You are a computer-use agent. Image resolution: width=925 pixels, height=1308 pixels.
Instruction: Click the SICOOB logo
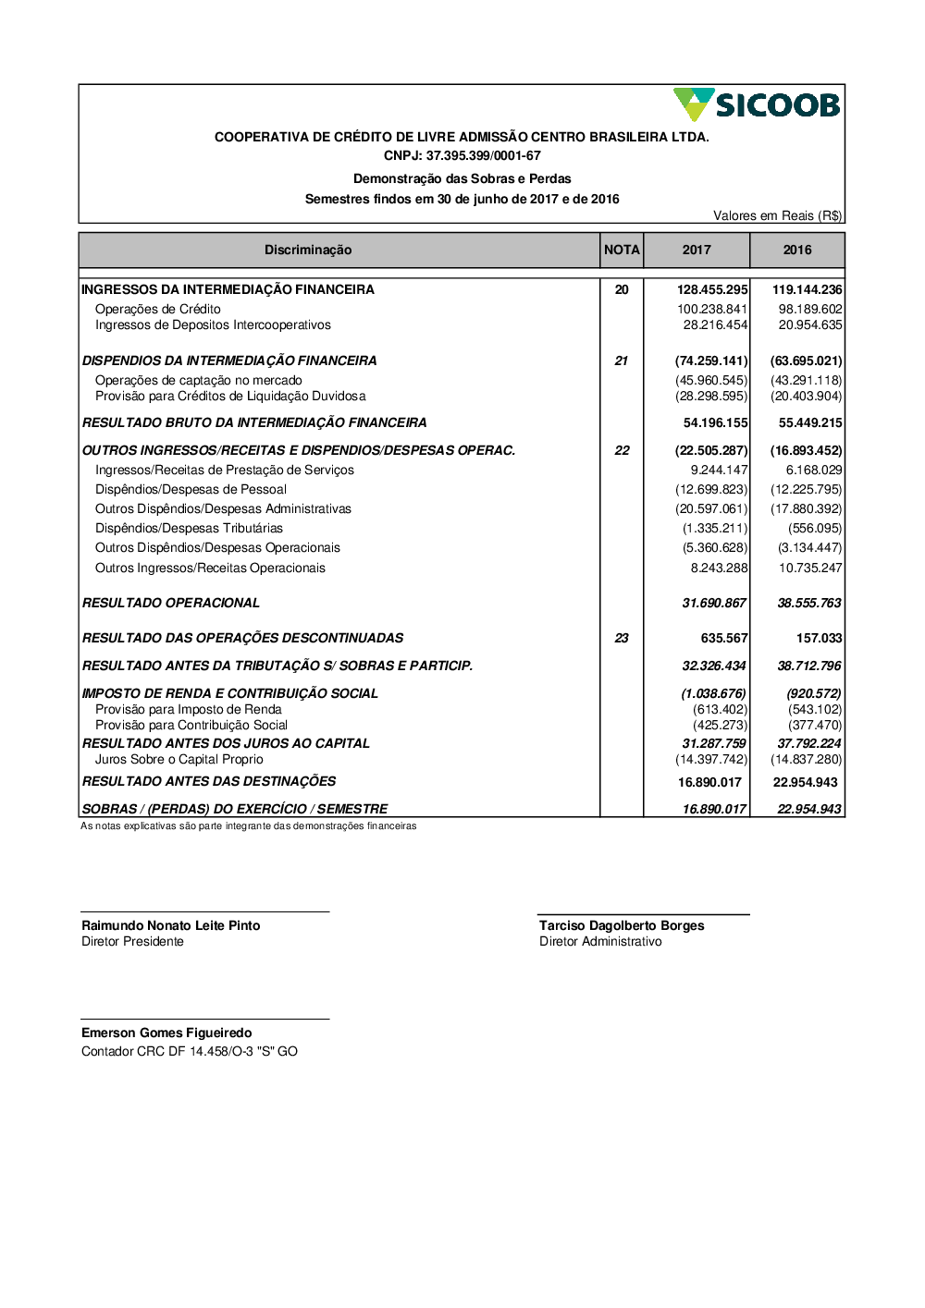click(757, 104)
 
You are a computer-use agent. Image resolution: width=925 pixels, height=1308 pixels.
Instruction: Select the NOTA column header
click(622, 250)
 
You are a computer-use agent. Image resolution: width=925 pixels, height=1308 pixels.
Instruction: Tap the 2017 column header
click(697, 250)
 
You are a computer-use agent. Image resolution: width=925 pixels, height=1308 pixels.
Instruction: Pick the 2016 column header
click(797, 250)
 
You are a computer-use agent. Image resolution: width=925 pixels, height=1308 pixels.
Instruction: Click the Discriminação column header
click(308, 250)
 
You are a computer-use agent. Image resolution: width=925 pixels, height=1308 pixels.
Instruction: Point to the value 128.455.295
click(712, 289)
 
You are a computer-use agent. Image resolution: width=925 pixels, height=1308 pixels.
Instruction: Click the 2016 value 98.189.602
click(810, 309)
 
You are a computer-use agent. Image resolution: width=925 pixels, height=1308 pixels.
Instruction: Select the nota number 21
click(622, 361)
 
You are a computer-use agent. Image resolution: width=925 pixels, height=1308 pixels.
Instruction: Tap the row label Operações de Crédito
click(158, 309)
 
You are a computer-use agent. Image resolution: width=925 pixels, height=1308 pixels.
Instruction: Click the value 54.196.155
click(715, 422)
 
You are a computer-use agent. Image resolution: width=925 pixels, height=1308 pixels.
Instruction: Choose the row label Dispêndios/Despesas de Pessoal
click(191, 489)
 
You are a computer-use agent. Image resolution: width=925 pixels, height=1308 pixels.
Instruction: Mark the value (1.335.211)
click(715, 528)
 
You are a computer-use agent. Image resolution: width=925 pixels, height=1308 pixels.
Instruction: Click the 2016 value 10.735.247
click(810, 568)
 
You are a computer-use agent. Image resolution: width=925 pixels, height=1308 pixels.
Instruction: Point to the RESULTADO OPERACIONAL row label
click(171, 603)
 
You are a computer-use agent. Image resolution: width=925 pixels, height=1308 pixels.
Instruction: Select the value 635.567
click(724, 638)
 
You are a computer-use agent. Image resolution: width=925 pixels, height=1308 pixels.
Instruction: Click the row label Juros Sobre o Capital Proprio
click(179, 759)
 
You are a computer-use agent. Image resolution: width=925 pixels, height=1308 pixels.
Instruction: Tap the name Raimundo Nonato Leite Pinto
click(171, 925)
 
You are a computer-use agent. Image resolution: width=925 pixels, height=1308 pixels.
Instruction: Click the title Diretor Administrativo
click(600, 941)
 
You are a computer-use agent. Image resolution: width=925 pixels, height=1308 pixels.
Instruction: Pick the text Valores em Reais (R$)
click(777, 215)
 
